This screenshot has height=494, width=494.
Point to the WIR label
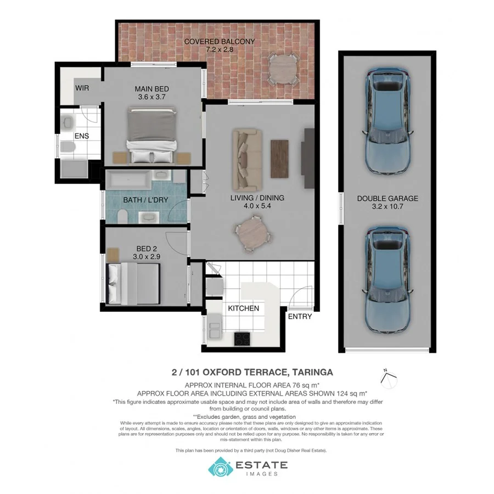[82, 88]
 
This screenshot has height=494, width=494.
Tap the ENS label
[82, 136]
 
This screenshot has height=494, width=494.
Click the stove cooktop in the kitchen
[242, 339]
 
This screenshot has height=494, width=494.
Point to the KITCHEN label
[243, 308]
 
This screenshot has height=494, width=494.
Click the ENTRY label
[300, 316]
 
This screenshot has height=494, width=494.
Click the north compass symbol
[388, 377]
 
